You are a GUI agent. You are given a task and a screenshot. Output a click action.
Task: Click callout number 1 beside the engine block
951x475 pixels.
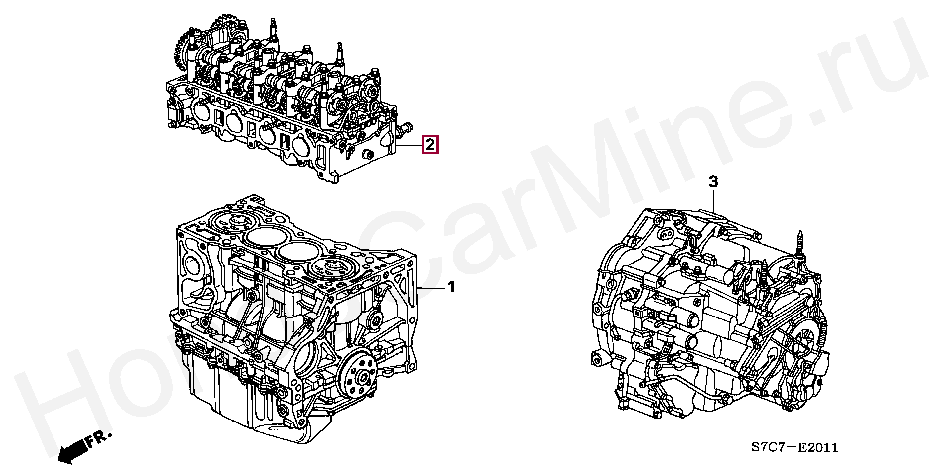point(451,287)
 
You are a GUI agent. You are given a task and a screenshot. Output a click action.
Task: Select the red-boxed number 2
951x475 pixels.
point(430,145)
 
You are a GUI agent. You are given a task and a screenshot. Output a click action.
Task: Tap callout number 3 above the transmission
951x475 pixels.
point(713,182)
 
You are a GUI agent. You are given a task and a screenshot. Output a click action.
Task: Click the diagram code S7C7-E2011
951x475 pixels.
point(794,448)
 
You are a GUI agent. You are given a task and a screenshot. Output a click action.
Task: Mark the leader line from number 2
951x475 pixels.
point(409,145)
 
